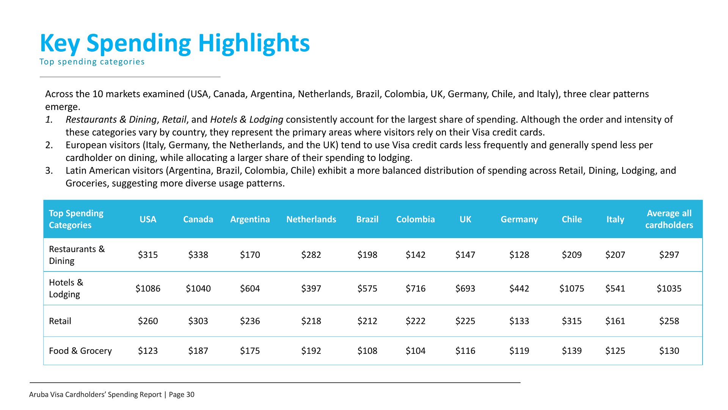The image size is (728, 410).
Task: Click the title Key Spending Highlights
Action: coord(175,43)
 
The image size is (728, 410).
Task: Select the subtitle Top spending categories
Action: coord(92,62)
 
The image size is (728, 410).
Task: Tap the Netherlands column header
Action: coord(311,219)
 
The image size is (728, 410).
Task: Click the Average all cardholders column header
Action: coord(669,219)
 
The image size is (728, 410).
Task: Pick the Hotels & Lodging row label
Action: coord(66,289)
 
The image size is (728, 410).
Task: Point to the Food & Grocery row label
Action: coord(80,351)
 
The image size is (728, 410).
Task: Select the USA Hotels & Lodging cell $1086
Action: coord(148,289)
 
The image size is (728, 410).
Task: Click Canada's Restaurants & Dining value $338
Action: coord(198,255)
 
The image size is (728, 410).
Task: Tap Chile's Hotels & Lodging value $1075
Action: coord(571,289)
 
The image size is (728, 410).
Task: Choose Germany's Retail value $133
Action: coord(519,321)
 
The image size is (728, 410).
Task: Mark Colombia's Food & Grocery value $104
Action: coord(415,351)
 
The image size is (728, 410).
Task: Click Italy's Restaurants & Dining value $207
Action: coord(615,255)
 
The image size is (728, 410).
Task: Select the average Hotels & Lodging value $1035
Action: coord(669,289)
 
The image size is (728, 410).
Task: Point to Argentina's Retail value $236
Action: coord(250,321)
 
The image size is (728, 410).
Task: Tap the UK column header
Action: coord(465,219)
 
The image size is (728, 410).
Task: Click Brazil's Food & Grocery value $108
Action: coord(367,351)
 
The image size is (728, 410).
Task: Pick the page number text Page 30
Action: coord(182,394)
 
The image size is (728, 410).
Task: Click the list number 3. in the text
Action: coord(49,170)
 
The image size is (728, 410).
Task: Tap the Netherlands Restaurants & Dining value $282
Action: coord(311,255)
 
